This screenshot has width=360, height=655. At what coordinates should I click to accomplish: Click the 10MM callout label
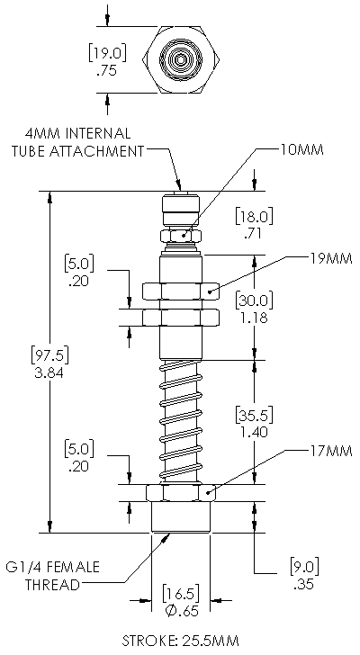[301, 150]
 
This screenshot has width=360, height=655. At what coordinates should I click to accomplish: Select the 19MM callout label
[331, 258]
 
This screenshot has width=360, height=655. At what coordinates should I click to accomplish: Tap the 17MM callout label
[331, 451]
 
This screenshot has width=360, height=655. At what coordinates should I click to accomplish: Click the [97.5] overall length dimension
[49, 355]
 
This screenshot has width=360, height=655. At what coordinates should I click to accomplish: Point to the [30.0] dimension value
[254, 300]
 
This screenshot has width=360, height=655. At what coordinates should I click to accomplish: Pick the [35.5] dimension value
[254, 415]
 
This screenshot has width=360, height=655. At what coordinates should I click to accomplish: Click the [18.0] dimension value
[254, 216]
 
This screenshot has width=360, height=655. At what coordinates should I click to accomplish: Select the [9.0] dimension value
[304, 566]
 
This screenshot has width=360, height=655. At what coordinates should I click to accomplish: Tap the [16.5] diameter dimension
[180, 593]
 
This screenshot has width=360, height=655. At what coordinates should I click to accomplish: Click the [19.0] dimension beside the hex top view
[107, 53]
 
